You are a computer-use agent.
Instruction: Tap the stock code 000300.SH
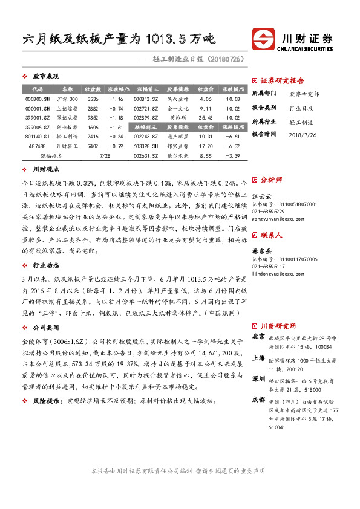[37, 99]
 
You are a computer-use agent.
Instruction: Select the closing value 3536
[93, 99]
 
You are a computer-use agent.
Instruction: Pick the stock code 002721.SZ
[146, 108]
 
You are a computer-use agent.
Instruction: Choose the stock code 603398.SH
[146, 146]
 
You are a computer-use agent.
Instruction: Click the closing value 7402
[93, 146]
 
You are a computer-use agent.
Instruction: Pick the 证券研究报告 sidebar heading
[282, 80]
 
